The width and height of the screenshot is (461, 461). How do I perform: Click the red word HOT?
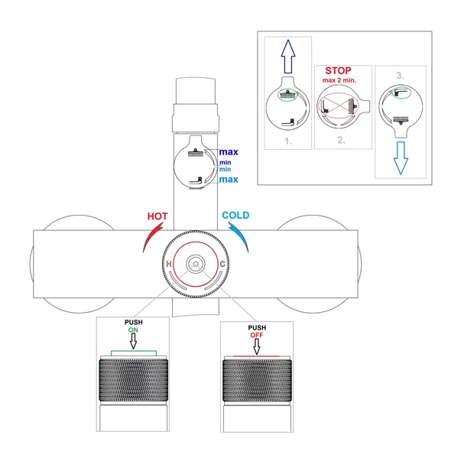tap(157, 216)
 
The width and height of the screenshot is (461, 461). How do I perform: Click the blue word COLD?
tap(235, 216)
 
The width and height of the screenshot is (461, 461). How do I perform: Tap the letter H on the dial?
tap(169, 264)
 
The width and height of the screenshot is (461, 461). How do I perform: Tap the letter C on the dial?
tap(222, 264)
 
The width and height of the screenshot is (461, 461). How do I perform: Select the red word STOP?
tap(338, 70)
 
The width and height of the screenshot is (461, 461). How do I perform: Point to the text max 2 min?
tap(339, 80)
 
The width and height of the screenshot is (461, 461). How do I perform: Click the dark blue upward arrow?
tap(288, 56)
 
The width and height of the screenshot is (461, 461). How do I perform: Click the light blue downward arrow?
tap(401, 158)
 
